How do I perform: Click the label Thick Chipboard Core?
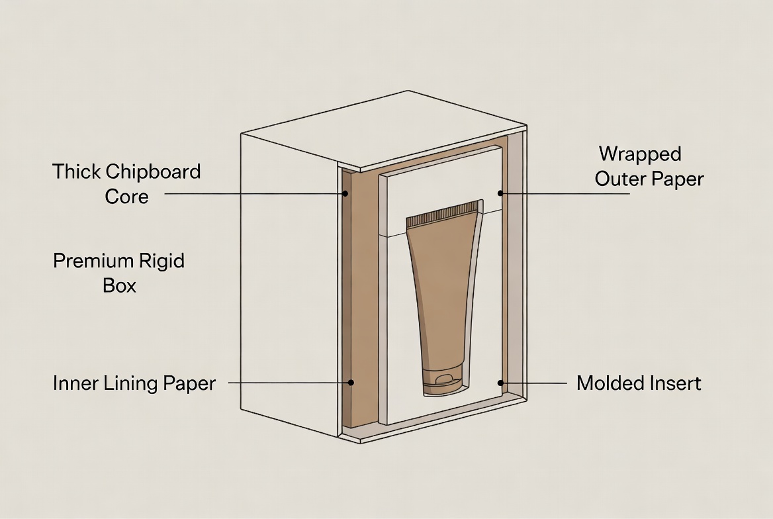[126, 183]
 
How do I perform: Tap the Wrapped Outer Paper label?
[649, 166]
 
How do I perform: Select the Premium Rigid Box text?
[119, 273]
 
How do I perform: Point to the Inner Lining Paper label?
[134, 383]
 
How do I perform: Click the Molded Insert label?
[639, 383]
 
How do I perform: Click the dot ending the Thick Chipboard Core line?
[345, 194]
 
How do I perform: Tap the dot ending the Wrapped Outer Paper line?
[501, 193]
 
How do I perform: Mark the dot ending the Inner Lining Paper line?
[351, 383]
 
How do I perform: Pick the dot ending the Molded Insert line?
[501, 383]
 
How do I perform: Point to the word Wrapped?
[640, 154]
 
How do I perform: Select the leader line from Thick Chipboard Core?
[251, 194]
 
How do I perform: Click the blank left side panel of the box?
[288, 278]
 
